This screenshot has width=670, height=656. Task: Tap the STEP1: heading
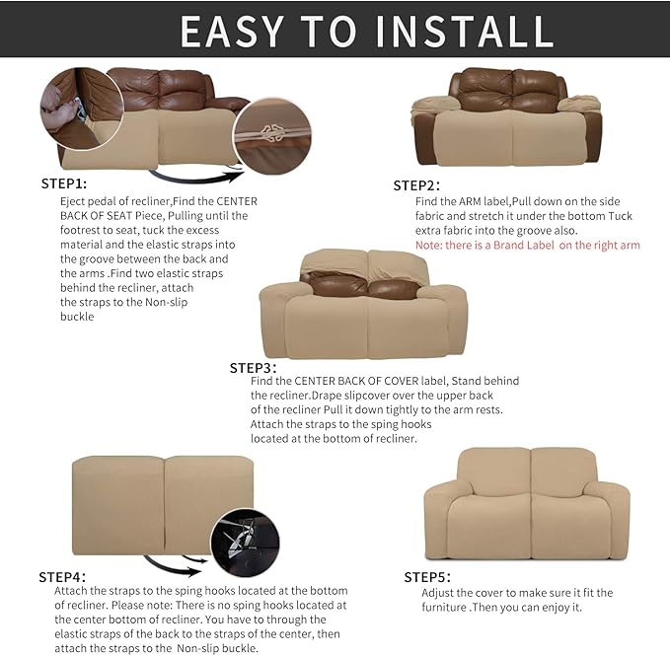pyautogui.click(x=64, y=183)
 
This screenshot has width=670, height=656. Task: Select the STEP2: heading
pyautogui.click(x=416, y=185)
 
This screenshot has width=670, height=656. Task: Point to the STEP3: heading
pyautogui.click(x=253, y=367)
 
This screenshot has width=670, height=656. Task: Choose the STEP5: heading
pyautogui.click(x=427, y=577)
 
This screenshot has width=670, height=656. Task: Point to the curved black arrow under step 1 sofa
pyautogui.click(x=197, y=179)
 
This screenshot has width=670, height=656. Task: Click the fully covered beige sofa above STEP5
pyautogui.click(x=526, y=504)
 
